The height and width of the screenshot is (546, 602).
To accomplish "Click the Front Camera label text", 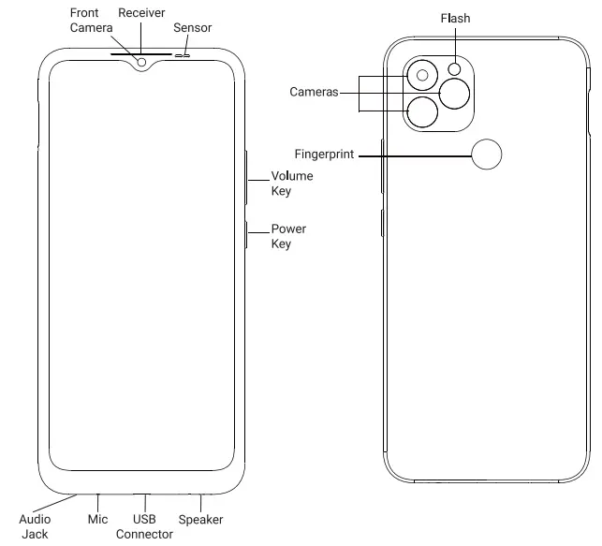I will (x=91, y=22).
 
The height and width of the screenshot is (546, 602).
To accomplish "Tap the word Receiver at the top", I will (x=141, y=13).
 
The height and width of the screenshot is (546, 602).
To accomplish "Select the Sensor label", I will (x=192, y=28).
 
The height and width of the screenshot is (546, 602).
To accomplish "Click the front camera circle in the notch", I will (x=141, y=63).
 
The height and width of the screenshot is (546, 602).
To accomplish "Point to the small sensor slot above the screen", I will (x=182, y=54).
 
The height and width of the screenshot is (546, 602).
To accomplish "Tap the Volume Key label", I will (x=291, y=184).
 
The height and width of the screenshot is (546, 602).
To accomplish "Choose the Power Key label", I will (x=288, y=236).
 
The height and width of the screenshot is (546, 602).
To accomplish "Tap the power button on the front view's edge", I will (x=245, y=235).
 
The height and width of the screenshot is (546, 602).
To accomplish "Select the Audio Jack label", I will (x=35, y=526).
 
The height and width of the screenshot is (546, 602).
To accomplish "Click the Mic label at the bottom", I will (x=97, y=519).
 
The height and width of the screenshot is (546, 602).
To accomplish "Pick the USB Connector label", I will (x=144, y=526).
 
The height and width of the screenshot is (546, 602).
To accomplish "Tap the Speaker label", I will (x=200, y=519).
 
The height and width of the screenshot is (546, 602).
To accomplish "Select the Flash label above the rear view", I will (x=455, y=18).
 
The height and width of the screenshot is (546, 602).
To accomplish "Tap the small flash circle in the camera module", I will (x=456, y=68).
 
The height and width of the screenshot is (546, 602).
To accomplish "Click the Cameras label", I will (x=314, y=92).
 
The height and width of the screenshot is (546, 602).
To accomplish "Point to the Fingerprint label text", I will (x=324, y=155).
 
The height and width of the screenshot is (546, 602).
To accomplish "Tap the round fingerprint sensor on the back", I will (x=487, y=155).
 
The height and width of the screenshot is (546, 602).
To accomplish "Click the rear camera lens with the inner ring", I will (x=422, y=75).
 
